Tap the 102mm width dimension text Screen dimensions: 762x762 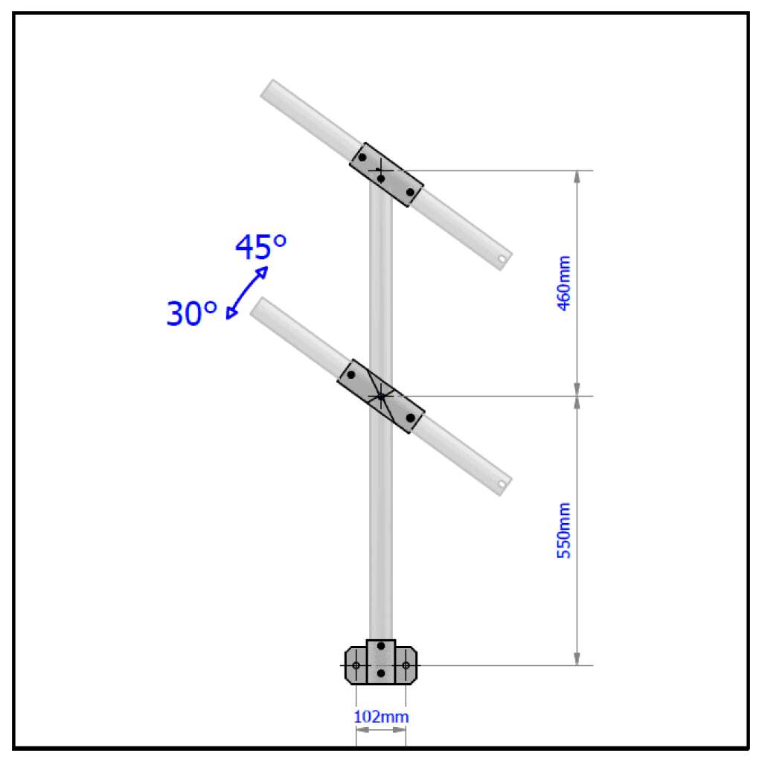pos(381,717)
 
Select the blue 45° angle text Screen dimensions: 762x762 pos(260,247)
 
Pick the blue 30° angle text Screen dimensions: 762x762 pos(191,314)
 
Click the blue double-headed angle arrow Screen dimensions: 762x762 pos(246,292)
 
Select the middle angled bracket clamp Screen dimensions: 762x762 pos(381,397)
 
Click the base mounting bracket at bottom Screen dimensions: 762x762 pos(381,662)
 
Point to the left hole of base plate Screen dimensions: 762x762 pos(356,665)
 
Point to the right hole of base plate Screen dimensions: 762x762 pos(406,665)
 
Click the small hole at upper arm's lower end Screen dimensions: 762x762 pos(502,260)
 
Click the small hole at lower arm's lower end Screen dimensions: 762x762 pos(502,484)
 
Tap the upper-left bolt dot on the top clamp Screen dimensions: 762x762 pos(362,158)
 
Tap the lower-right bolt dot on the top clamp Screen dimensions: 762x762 pos(410,192)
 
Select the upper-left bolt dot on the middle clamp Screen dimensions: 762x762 pos(351,374)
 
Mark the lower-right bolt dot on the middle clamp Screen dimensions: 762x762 pos(410,418)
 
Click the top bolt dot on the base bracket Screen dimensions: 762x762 pos(381,645)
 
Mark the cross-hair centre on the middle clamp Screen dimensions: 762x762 pos(381,397)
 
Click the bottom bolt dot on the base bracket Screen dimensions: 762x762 pos(381,673)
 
